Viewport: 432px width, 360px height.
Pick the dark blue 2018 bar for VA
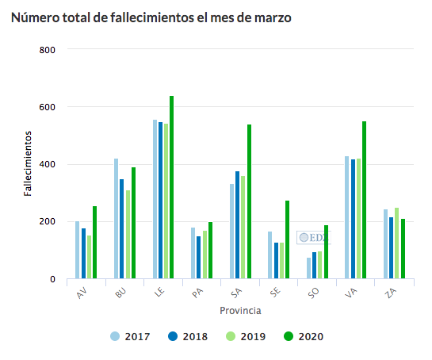point(353,226)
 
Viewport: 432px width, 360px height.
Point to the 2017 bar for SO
point(308,268)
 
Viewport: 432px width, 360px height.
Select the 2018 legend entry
point(187,336)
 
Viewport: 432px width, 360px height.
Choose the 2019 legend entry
point(245,336)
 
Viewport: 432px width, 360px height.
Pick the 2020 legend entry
point(302,336)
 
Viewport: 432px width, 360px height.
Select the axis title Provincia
point(241,310)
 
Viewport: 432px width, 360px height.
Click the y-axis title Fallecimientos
point(27,163)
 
